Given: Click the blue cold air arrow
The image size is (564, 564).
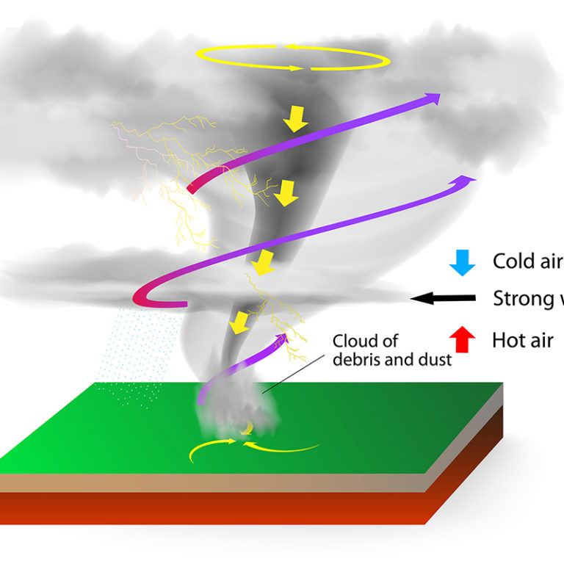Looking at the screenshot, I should point(462,262).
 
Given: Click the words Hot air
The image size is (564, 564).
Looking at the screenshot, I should point(522,340).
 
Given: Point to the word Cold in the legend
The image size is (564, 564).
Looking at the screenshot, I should point(511,261).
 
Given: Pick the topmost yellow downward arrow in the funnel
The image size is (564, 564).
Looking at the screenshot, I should point(296,118).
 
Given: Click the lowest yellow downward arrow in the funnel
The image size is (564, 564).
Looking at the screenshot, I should point(238,322).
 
